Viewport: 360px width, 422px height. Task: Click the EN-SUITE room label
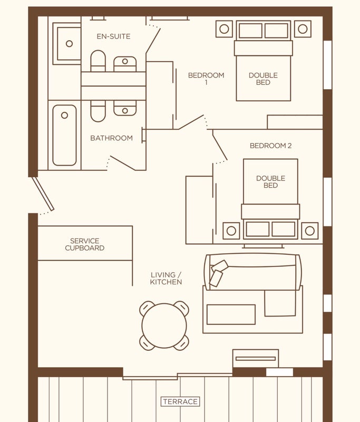click(113, 36)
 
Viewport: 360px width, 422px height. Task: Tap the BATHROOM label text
click(112, 138)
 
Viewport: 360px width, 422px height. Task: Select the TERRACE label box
click(180, 401)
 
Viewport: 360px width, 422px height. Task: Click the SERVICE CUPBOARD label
click(85, 244)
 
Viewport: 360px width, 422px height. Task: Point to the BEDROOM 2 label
click(270, 146)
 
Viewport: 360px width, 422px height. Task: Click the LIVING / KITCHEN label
click(166, 279)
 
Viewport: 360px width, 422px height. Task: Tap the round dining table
click(164, 325)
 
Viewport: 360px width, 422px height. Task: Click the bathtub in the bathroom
click(64, 135)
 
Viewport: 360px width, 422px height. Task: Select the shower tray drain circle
click(69, 44)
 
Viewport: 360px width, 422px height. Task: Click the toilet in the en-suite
click(98, 61)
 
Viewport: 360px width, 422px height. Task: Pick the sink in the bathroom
click(125, 108)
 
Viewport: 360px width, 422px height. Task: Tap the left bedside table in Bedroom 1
click(224, 29)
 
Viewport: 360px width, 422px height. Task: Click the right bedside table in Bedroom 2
click(310, 231)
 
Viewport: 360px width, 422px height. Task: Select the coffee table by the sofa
click(231, 314)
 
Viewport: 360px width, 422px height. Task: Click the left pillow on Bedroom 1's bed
click(250, 31)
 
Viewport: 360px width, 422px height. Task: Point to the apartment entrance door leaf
click(44, 194)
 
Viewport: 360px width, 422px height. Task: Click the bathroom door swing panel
click(123, 163)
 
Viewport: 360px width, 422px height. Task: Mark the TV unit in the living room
click(256, 359)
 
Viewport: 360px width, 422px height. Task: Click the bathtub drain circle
click(64, 115)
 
